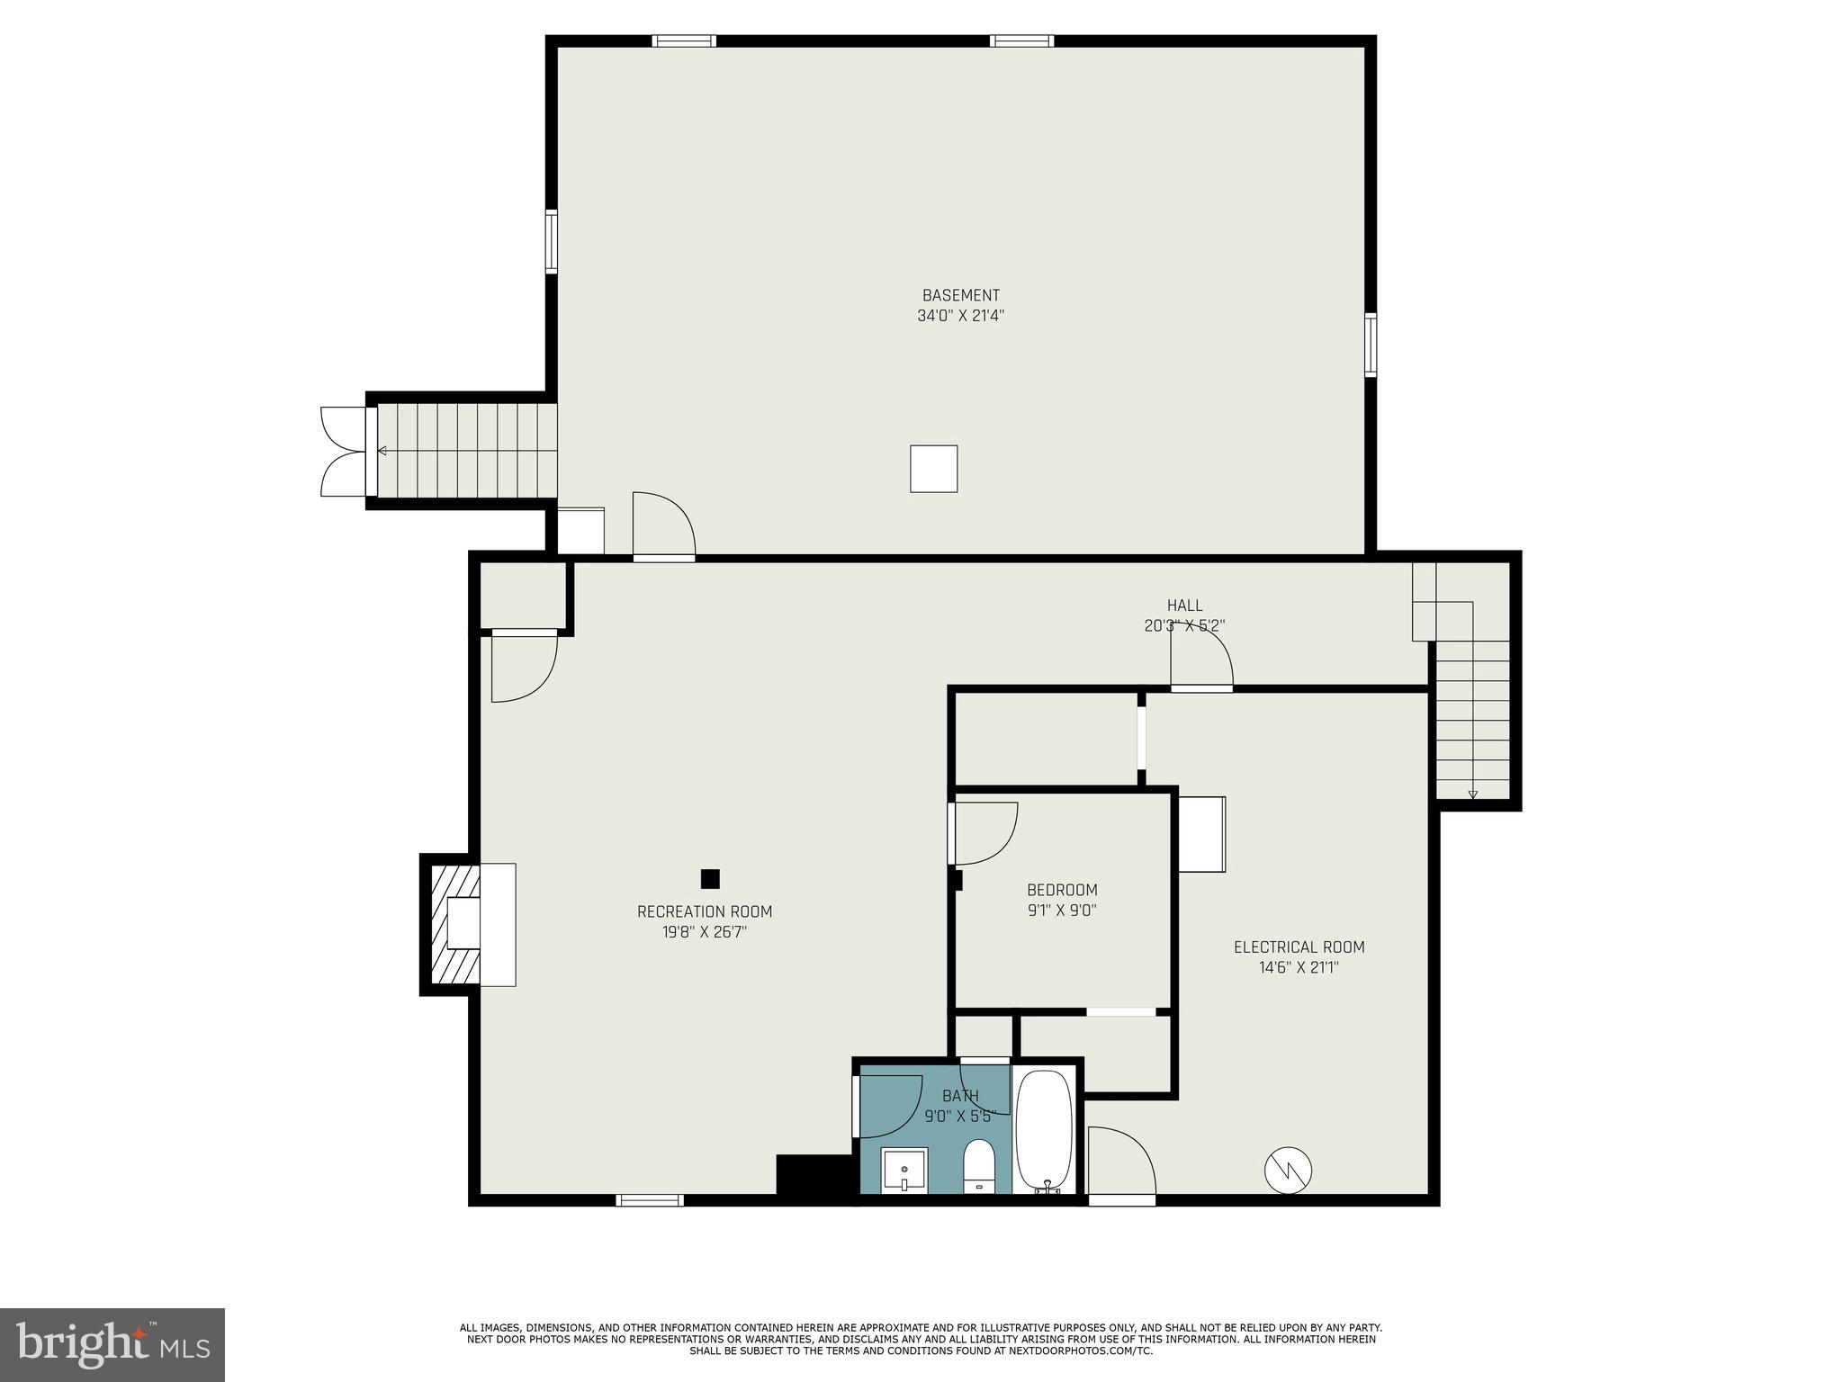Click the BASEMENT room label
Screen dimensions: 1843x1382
[x=960, y=295]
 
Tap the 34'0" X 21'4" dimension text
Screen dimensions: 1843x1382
[x=960, y=316]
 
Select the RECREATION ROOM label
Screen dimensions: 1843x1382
[x=705, y=911]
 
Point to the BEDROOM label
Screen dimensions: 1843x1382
[x=1062, y=890]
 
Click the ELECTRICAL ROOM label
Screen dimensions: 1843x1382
[x=1299, y=947]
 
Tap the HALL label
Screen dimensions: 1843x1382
[x=1184, y=606]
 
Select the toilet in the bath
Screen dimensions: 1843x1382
[x=978, y=1166]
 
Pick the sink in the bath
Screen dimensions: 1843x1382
[x=904, y=1171]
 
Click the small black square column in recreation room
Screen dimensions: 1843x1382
[x=710, y=878]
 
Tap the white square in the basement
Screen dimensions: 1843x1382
[x=933, y=469]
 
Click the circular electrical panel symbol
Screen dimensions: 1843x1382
[x=1288, y=1171]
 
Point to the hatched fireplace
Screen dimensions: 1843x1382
[x=455, y=924]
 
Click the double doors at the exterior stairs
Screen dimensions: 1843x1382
[x=345, y=451]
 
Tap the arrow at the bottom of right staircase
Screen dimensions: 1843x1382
[x=1472, y=794]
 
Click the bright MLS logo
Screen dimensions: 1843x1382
[x=112, y=1345]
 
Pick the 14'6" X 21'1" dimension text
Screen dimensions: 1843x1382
[x=1299, y=968]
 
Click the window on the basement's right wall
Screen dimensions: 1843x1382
[x=1371, y=345]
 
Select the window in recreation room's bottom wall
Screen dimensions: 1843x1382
[x=650, y=1199]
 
